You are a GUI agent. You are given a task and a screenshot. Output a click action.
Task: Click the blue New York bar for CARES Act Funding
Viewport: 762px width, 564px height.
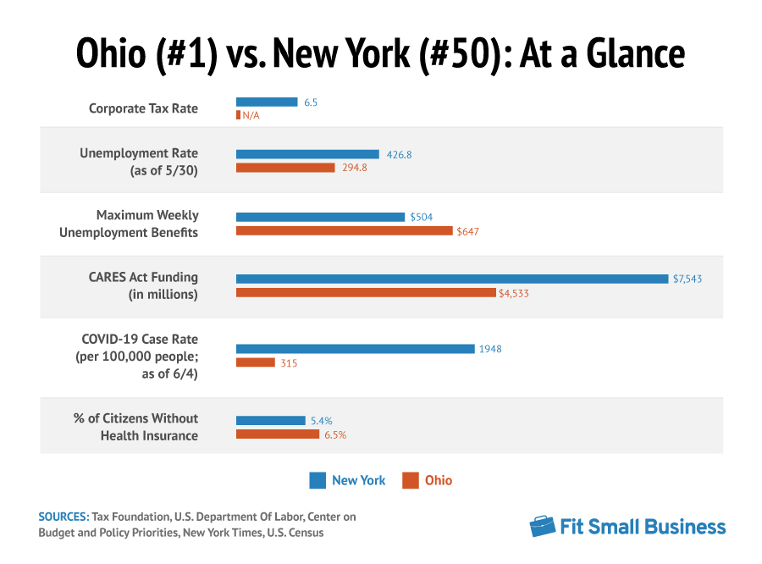(x=452, y=279)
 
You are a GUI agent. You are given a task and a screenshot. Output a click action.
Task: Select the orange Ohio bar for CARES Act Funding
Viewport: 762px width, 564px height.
(x=366, y=293)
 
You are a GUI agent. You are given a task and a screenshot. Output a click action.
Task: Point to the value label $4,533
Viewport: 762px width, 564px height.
(x=514, y=294)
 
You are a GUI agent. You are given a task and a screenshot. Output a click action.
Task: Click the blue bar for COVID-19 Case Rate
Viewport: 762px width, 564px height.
(x=355, y=349)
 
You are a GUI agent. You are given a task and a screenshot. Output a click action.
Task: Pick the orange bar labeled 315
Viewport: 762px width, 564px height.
(x=255, y=362)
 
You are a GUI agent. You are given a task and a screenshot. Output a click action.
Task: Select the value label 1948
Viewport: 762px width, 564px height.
(x=491, y=349)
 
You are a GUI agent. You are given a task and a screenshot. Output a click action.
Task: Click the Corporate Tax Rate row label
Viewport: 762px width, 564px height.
(x=143, y=108)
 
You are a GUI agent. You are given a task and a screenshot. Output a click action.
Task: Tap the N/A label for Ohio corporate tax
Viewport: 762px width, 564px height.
(x=251, y=115)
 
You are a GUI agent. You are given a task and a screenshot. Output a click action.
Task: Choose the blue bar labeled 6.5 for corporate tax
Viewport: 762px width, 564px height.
(x=267, y=102)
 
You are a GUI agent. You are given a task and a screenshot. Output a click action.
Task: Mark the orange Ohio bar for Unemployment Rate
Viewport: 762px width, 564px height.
(x=285, y=168)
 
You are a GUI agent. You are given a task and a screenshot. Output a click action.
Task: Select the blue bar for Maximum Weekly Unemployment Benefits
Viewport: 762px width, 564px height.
(x=320, y=217)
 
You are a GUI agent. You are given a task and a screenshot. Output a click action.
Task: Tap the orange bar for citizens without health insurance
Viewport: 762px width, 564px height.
(x=278, y=434)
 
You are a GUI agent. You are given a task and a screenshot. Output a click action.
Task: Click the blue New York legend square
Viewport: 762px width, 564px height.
(x=317, y=480)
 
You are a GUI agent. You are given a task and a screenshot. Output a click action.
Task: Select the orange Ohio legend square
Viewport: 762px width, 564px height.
(x=411, y=480)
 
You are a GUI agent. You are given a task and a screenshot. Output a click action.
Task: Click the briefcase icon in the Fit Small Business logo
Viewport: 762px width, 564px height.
(x=543, y=526)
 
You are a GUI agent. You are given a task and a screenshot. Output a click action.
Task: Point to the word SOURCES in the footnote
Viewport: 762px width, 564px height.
(x=63, y=516)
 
